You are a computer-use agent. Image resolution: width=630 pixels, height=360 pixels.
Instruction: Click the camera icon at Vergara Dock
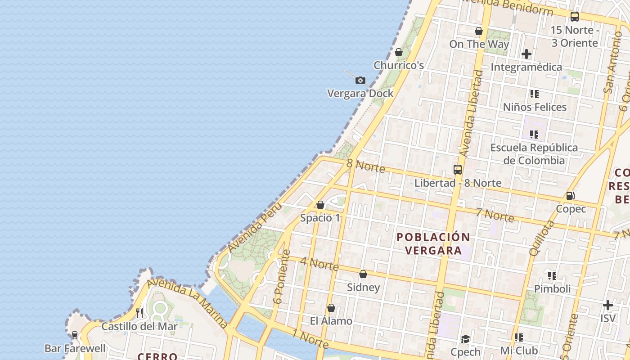[x=360, y=81]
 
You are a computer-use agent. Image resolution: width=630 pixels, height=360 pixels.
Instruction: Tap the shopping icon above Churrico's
[x=398, y=52]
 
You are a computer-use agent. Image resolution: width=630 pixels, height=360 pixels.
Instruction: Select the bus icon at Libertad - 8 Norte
[x=458, y=170]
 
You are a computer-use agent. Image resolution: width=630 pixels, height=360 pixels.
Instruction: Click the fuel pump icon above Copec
[x=570, y=196]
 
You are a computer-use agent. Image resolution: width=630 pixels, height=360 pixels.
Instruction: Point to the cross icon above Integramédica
[x=526, y=54]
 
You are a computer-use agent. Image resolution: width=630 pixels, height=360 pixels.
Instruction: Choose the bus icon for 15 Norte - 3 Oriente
[x=575, y=17]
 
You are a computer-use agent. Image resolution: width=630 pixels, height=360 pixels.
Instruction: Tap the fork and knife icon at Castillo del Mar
[x=139, y=313]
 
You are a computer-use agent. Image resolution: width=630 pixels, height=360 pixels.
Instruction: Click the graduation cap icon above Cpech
[x=465, y=339]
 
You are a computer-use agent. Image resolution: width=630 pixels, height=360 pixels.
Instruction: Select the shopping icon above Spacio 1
[x=320, y=205]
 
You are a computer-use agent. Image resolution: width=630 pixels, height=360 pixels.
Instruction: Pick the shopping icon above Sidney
[x=363, y=274]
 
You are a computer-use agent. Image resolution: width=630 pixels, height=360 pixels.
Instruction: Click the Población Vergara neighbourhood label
[x=433, y=243]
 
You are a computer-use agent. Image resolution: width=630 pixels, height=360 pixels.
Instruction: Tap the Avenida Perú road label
[x=254, y=227]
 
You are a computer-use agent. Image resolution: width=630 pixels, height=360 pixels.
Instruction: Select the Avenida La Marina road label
[x=187, y=302]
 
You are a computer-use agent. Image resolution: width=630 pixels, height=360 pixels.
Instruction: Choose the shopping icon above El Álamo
[x=331, y=308]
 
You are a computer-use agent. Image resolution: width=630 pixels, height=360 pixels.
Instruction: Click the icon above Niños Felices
[x=534, y=94]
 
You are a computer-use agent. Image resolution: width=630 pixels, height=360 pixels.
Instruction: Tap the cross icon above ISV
[x=607, y=306]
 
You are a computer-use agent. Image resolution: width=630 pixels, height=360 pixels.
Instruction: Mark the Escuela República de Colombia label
[x=534, y=154]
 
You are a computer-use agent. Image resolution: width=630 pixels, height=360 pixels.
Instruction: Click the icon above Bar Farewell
[x=75, y=335]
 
